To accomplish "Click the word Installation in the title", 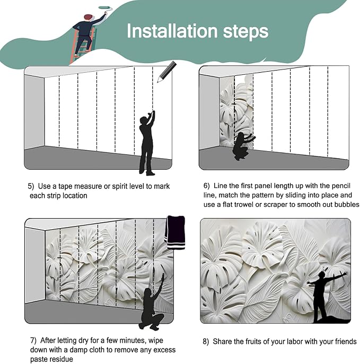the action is (172, 31).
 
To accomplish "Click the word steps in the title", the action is (246, 32).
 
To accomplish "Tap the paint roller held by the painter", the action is (106, 7).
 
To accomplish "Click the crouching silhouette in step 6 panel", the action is (242, 146).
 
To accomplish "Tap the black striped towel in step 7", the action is (175, 232).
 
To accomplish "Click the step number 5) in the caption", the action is (31, 186).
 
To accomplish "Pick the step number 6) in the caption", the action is (206, 186).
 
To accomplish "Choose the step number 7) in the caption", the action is (33, 340).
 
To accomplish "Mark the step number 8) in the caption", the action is (206, 342).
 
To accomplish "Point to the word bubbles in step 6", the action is (347, 204).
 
